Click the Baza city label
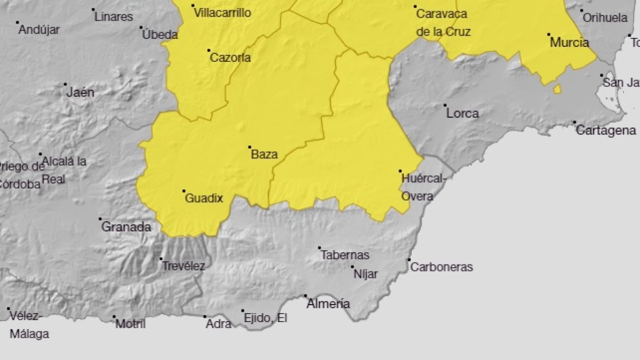pos(265,155)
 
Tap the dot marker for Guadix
pos(184,191)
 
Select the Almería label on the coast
pos(329,304)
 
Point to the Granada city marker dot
pos(100,219)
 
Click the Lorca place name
pos(462,114)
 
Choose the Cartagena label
pos(606,131)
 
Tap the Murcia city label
pos(569,43)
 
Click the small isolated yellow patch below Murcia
pos(557,89)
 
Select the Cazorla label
pos(230,58)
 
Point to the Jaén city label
pos(81,92)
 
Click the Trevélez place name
pos(183,266)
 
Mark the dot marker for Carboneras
pos(410,260)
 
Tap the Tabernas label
pos(345,255)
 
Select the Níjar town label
pos(366,274)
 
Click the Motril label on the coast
pos(130,324)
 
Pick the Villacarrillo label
pos(222,13)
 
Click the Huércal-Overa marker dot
pos(400,171)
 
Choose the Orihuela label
pos(605,18)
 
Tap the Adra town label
pos(219,324)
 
